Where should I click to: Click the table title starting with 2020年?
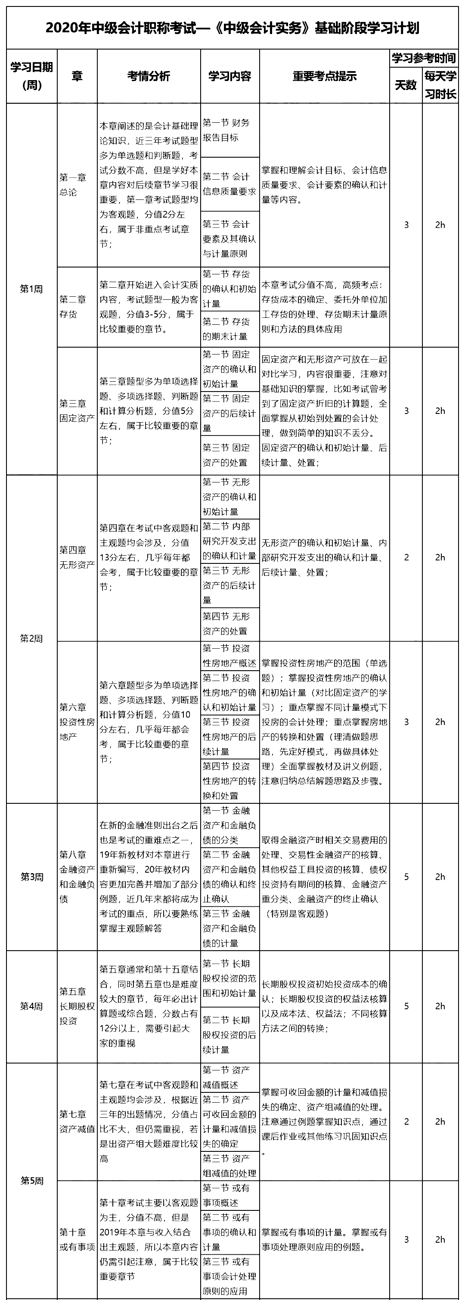[232, 28]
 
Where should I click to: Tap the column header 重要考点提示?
[324, 76]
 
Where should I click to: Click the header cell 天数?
[406, 85]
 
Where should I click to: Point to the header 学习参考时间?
[424, 58]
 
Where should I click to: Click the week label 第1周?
[31, 289]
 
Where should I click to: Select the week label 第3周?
[31, 877]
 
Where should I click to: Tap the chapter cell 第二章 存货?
[73, 306]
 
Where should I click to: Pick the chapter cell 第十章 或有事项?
[77, 1239]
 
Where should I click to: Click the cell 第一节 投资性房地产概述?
[229, 656]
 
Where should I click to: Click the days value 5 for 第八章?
[406, 877]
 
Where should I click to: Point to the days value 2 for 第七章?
[406, 1122]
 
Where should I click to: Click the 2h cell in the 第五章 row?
[440, 1006]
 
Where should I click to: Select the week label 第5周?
[31, 1181]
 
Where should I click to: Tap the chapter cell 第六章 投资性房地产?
[77, 722]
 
